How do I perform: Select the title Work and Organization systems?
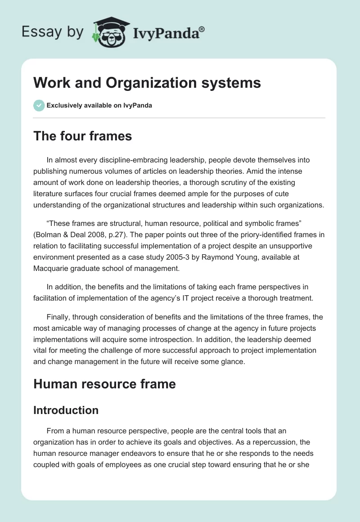point(147,83)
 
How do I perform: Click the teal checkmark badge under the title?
point(39,105)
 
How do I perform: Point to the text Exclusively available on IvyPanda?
point(99,106)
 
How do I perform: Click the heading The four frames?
point(82,136)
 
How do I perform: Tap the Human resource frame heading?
point(104,383)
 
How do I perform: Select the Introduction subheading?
point(66,410)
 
